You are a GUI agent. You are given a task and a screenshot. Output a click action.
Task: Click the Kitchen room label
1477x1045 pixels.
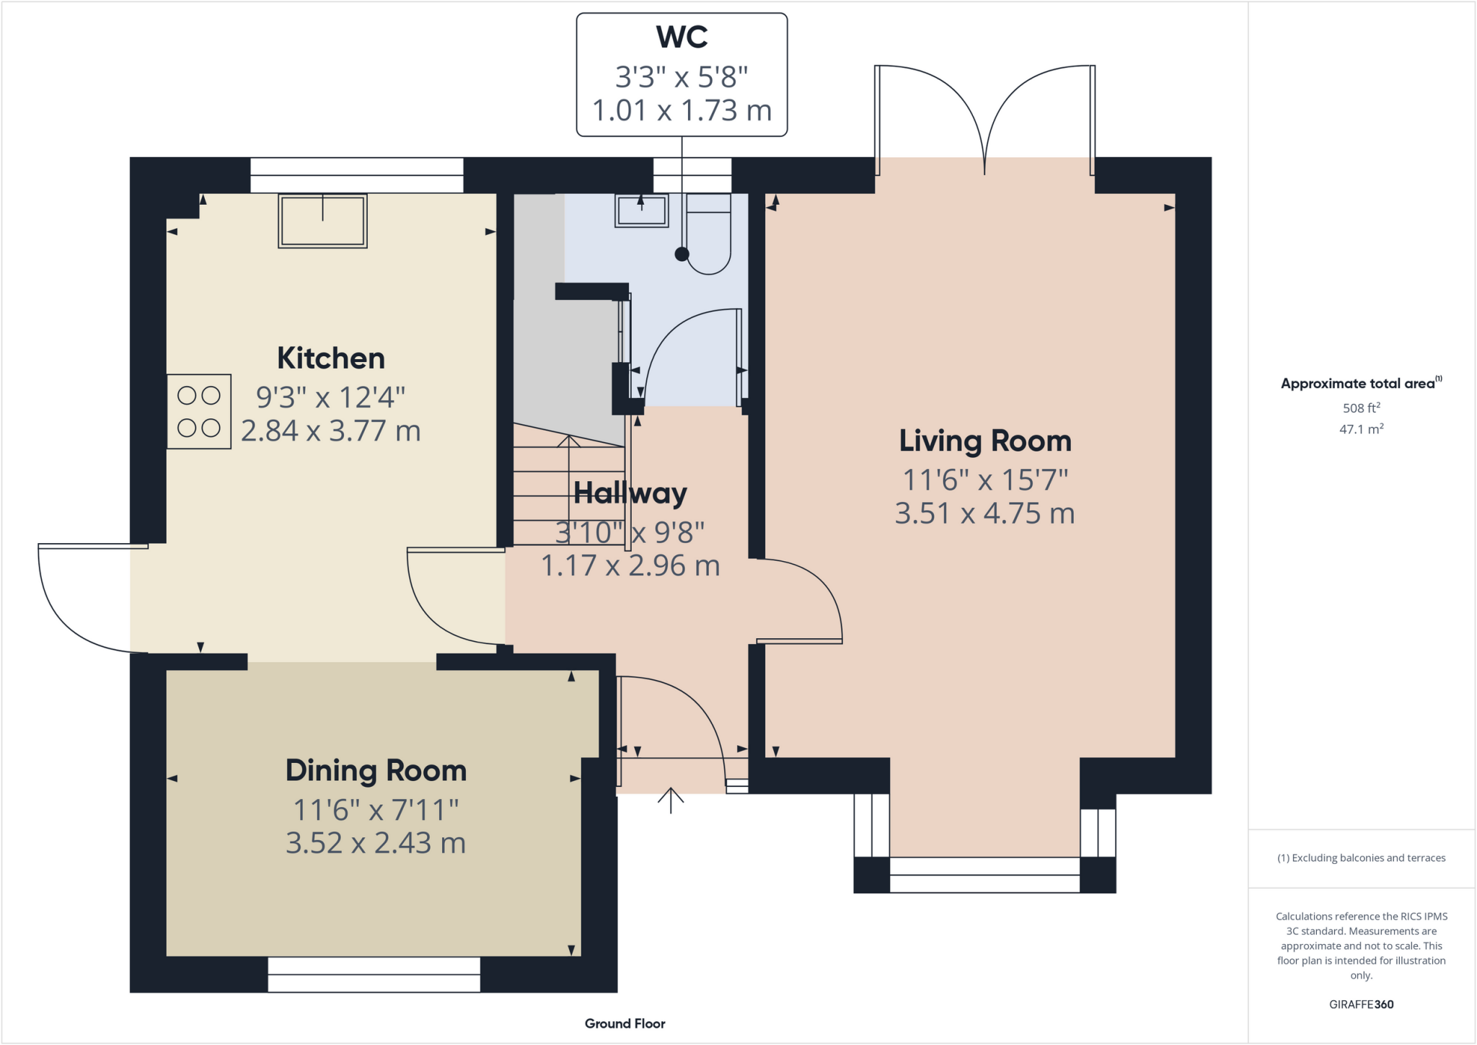[331, 358]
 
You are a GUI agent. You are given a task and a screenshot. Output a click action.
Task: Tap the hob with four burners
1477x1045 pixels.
[199, 412]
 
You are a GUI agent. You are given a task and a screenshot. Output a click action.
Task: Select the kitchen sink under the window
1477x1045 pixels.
[322, 221]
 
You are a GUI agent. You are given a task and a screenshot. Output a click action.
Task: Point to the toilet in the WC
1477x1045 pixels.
[709, 234]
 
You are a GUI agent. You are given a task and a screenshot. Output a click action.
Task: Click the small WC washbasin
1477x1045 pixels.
[641, 210]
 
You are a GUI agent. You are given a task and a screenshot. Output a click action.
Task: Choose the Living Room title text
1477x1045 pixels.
[984, 441]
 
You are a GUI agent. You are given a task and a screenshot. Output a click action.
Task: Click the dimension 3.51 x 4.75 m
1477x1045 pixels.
[984, 513]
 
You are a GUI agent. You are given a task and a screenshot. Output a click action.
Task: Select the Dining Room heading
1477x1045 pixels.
[376, 771]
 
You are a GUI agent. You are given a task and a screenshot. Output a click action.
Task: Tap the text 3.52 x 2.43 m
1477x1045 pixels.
[376, 843]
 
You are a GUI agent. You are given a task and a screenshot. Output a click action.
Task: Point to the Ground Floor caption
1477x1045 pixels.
[625, 1023]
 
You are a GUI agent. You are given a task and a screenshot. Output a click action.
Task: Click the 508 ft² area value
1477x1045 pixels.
[1361, 408]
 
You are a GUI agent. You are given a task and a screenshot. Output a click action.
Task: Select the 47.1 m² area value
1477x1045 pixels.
[1361, 429]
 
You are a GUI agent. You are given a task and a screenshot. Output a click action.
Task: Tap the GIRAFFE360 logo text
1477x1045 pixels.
[1361, 1004]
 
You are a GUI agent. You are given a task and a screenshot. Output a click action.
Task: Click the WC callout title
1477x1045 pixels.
[682, 38]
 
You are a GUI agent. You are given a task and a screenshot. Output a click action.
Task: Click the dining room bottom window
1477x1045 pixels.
[374, 974]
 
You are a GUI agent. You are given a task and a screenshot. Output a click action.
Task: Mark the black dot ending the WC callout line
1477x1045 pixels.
[682, 254]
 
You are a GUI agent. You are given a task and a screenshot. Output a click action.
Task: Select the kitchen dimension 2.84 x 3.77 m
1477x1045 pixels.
[331, 431]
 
